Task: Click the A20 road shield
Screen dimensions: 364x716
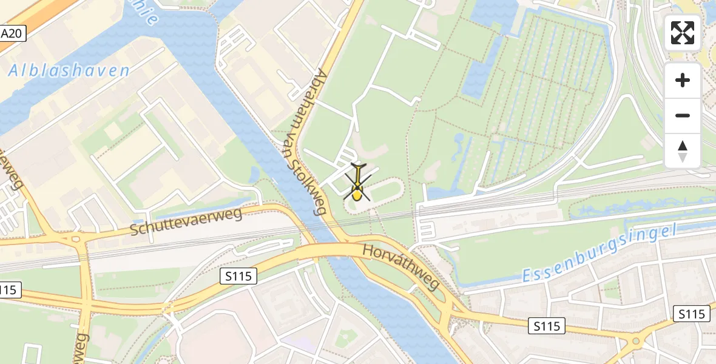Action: tap(12, 33)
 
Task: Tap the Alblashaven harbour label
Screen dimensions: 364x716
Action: tap(69, 71)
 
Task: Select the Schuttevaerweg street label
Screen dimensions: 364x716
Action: tap(186, 222)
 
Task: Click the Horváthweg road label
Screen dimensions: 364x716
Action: tap(400, 266)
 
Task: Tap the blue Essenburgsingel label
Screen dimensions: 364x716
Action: tap(599, 254)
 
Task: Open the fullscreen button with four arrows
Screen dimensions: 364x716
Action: tap(683, 33)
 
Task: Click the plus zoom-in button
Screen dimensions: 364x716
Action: tap(683, 80)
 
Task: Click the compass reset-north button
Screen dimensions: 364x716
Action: tap(683, 151)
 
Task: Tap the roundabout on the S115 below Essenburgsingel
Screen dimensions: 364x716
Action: tap(636, 341)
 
